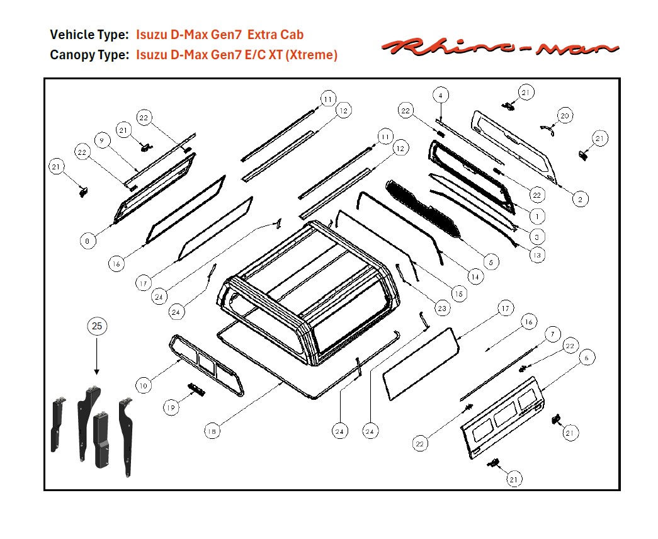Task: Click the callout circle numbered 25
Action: click(x=97, y=326)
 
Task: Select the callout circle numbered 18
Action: click(x=212, y=431)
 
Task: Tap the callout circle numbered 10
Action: click(x=144, y=385)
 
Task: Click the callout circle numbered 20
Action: click(x=564, y=116)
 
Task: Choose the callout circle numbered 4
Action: click(x=441, y=96)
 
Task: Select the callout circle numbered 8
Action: click(x=88, y=241)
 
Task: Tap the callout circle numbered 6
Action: click(x=586, y=358)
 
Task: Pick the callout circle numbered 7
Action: click(x=552, y=334)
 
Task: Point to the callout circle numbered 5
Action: click(x=490, y=261)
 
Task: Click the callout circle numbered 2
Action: click(x=580, y=199)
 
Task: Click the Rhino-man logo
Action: click(x=501, y=47)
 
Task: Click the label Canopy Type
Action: click(x=89, y=55)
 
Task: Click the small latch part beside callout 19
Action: click(x=196, y=389)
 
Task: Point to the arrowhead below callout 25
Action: click(x=97, y=373)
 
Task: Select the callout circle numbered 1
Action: click(x=537, y=216)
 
